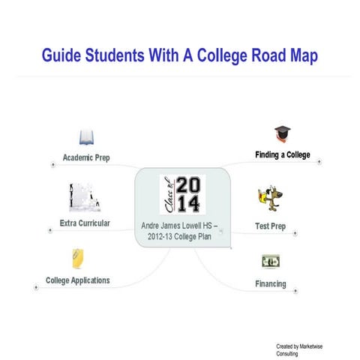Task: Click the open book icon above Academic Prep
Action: click(x=87, y=138)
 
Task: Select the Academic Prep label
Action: click(x=86, y=157)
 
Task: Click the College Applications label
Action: click(x=78, y=280)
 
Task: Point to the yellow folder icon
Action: click(x=76, y=259)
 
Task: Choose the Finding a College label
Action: click(x=281, y=155)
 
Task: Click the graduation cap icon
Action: click(x=282, y=134)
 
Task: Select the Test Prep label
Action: click(x=270, y=226)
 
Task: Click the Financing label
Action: click(x=271, y=284)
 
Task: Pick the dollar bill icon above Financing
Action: click(x=270, y=261)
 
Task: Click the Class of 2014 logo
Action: click(x=181, y=194)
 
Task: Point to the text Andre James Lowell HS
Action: click(x=180, y=225)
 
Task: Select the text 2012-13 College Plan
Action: click(x=180, y=236)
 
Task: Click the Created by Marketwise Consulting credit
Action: click(x=295, y=349)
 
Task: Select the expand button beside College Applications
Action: click(x=36, y=286)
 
